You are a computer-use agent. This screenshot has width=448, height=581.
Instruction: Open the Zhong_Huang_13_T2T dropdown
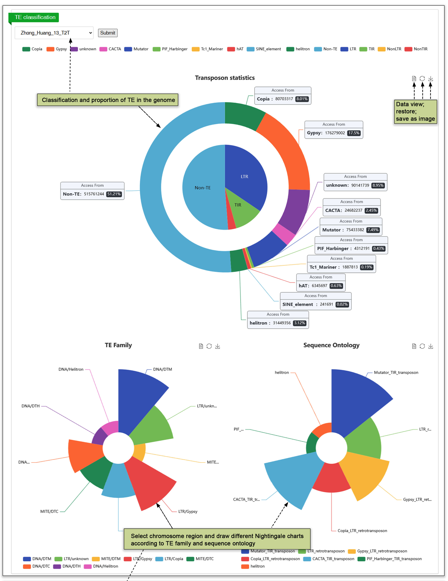(x=54, y=33)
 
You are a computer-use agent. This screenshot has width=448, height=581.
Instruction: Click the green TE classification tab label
(x=35, y=17)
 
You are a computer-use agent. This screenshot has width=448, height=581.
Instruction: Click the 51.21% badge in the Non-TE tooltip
(x=114, y=194)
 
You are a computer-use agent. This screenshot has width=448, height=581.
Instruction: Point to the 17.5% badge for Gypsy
(x=354, y=133)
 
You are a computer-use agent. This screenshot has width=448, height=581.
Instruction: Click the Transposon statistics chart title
(x=225, y=78)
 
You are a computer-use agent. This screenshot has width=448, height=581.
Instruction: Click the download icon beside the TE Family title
(x=218, y=346)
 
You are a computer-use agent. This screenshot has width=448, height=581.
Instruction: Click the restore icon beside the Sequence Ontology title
(x=422, y=346)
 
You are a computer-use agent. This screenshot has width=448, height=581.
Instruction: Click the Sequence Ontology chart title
(x=331, y=345)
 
